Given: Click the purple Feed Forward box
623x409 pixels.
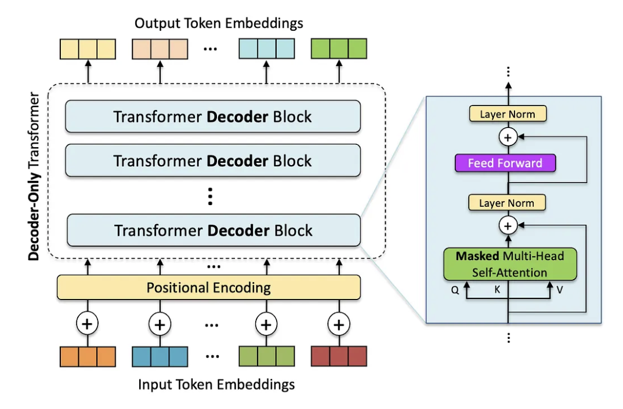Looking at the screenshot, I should tap(505, 163).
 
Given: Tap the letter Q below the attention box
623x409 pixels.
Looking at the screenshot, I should tap(455, 290).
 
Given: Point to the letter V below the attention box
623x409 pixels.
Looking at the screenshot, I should tap(559, 290).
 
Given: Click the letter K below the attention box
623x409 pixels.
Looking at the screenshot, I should tap(497, 288).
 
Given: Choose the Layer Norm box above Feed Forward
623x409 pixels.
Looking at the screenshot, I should tap(508, 114).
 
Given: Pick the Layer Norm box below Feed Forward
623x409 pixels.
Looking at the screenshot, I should tap(507, 203).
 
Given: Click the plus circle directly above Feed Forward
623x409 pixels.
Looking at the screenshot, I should tap(508, 138).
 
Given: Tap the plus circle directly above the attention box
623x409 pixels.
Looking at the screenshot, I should tap(508, 225).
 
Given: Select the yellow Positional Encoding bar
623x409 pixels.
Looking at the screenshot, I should tap(208, 287).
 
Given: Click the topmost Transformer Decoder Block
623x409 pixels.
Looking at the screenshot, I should tap(212, 116).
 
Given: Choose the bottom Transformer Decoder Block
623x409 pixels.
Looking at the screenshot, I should tap(213, 230).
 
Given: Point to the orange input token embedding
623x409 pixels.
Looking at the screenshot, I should tap(88, 356).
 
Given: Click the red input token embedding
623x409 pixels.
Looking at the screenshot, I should tap(339, 356).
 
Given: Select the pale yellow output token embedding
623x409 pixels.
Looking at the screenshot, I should tap(88, 49).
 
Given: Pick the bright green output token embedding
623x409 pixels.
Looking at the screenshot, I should tap(339, 49).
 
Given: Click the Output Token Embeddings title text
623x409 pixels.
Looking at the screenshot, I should tap(219, 23).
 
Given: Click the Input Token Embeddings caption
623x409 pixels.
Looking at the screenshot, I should tap(216, 384).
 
